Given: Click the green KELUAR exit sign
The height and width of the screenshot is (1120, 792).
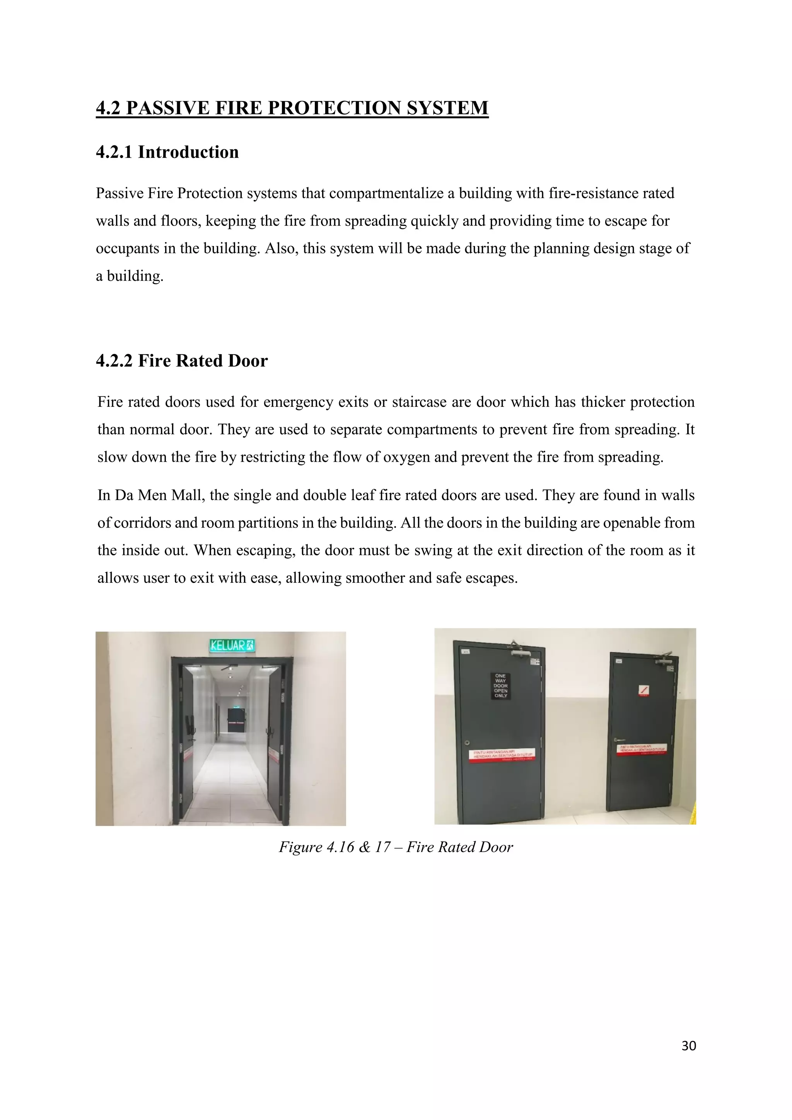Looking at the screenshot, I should (232, 645).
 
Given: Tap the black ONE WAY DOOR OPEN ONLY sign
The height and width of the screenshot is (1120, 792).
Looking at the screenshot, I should (500, 685).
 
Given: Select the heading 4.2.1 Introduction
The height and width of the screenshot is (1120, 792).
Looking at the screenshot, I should (167, 152).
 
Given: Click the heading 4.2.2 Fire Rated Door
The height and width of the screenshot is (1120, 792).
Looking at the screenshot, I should (181, 361).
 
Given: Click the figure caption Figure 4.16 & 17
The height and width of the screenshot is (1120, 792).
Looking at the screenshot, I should (396, 847).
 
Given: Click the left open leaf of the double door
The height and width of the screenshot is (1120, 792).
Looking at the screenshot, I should (188, 741).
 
